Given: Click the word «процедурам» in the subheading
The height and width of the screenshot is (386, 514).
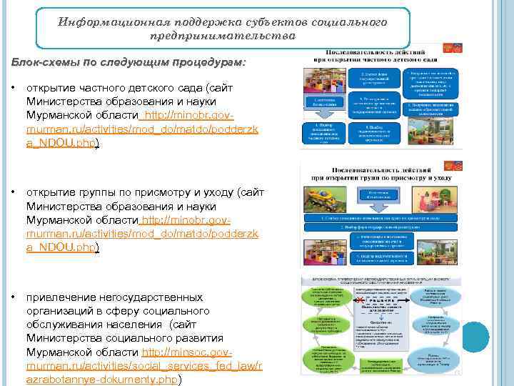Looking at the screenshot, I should click(207, 62).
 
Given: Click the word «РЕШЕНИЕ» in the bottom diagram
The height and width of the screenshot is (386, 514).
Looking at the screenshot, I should click(378, 301).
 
